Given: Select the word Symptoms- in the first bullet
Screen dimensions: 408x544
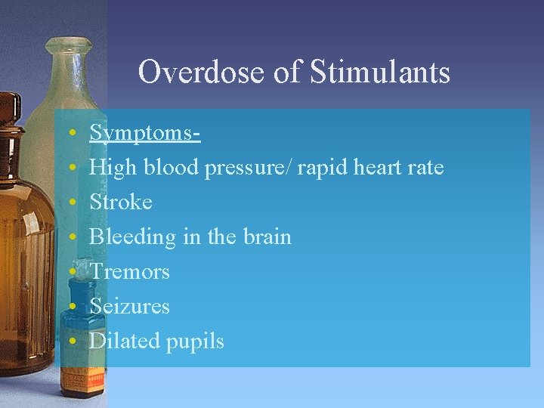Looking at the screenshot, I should click(144, 133).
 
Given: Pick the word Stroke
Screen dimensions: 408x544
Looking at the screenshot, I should click(121, 202).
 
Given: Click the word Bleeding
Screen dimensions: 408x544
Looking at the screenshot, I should click(132, 237).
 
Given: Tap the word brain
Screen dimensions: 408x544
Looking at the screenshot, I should click(264, 237).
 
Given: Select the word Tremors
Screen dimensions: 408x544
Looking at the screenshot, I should click(129, 271).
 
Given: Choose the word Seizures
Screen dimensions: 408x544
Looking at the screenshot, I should click(129, 306).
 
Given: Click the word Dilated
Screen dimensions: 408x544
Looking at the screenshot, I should click(124, 341).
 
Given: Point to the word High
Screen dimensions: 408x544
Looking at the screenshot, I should click(110, 168).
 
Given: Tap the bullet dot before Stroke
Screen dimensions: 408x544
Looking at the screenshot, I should click(70, 202).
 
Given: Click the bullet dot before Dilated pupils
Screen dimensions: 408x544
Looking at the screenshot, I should click(70, 341).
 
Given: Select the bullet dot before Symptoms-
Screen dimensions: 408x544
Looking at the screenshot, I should click(70, 133).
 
